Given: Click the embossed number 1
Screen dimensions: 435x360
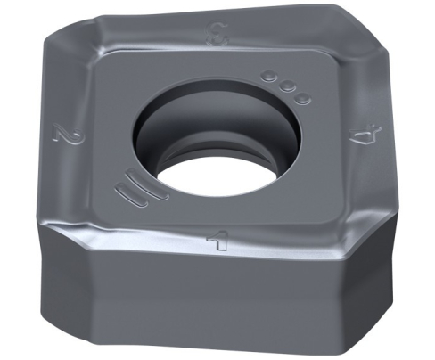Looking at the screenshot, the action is [x=219, y=241].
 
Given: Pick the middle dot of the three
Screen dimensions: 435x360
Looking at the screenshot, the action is [x=286, y=86].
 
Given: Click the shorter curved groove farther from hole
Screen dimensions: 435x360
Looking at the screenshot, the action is [x=131, y=194].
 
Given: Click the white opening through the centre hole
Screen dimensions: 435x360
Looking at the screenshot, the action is [x=219, y=179].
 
